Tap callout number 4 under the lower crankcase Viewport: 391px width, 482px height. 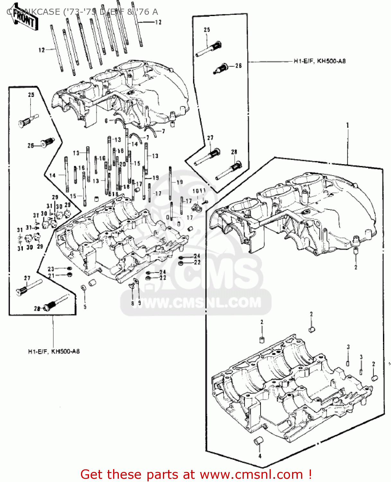click(260, 456)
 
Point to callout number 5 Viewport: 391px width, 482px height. click(85, 307)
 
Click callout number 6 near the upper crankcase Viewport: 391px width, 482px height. click(106, 121)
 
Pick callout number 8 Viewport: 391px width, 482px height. click(132, 303)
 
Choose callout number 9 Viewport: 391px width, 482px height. click(139, 303)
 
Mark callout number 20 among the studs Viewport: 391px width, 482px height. click(122, 164)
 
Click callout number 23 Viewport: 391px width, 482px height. click(51, 269)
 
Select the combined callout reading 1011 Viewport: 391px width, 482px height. click(199, 191)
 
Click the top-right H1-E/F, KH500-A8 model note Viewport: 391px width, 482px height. click(319, 61)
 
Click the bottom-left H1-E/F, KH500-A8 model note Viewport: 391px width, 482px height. click(54, 351)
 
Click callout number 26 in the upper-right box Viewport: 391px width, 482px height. click(238, 66)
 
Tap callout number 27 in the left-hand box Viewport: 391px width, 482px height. click(27, 278)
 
